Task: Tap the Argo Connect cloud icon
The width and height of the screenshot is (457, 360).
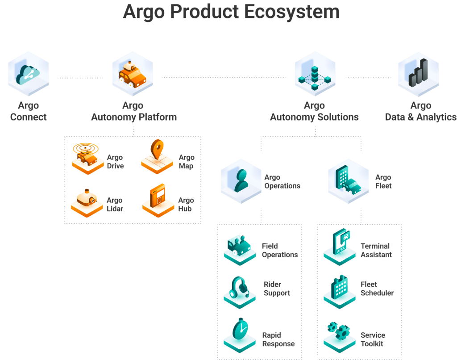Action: (28, 74)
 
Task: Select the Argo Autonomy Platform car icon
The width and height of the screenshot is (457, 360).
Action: (132, 73)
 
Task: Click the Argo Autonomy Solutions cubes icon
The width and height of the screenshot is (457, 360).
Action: (315, 74)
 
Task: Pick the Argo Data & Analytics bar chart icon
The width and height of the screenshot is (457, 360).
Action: (418, 74)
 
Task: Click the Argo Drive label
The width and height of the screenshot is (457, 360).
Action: (115, 162)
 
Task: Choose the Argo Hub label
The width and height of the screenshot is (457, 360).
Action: (186, 204)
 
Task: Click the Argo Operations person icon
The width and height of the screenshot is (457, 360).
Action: (241, 180)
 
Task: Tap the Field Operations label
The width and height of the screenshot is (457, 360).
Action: (279, 250)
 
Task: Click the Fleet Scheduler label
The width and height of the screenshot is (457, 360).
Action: (377, 289)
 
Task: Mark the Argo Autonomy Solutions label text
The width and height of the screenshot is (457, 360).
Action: (314, 112)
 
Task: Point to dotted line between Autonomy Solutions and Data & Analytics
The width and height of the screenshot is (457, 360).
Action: (368, 78)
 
